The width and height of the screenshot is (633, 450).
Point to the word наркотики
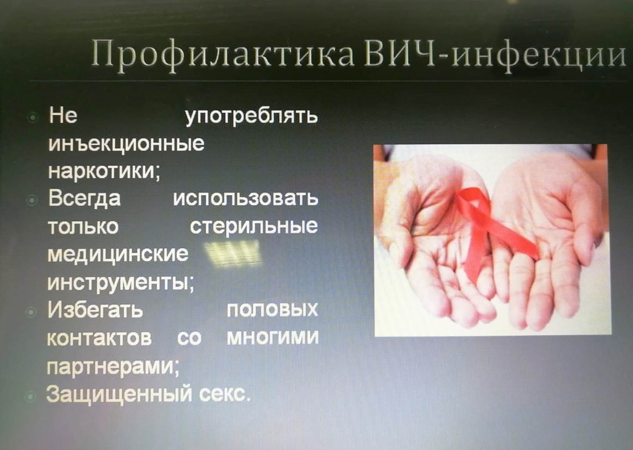click(x=104, y=171)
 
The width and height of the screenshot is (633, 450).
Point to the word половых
click(x=272, y=310)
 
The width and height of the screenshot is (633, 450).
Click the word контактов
click(x=99, y=338)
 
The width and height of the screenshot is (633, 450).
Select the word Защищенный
click(x=119, y=394)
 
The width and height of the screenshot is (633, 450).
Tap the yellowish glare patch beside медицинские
click(x=232, y=254)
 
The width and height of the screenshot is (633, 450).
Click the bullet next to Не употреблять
click(x=33, y=117)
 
